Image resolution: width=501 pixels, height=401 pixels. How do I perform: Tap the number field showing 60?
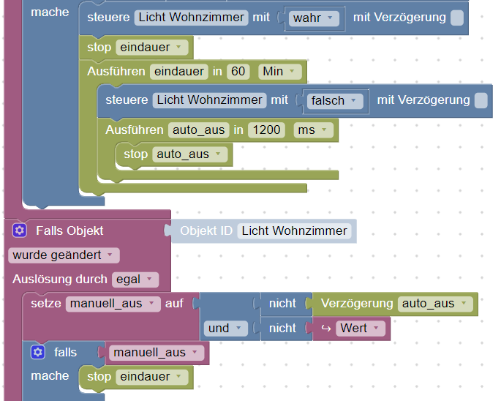(238, 72)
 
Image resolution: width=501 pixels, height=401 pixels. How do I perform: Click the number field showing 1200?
(267, 130)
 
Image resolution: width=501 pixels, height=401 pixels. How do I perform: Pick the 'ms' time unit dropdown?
(313, 130)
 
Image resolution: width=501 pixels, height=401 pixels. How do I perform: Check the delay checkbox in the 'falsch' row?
(481, 100)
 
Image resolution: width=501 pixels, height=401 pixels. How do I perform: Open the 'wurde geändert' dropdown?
(64, 255)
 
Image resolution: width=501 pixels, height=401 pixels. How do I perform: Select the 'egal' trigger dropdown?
(135, 280)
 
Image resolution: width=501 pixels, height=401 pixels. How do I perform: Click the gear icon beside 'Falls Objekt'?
(20, 231)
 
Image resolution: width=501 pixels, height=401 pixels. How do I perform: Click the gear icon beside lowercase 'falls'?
(38, 353)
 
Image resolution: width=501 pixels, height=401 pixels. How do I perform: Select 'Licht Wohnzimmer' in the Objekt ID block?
(294, 231)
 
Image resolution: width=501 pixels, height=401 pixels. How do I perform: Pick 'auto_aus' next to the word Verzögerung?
(436, 304)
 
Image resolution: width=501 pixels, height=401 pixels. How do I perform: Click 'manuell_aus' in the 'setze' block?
(113, 304)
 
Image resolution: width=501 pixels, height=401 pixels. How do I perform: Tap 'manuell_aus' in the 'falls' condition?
(155, 353)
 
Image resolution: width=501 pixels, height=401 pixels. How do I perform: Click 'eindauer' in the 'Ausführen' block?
(178, 72)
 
